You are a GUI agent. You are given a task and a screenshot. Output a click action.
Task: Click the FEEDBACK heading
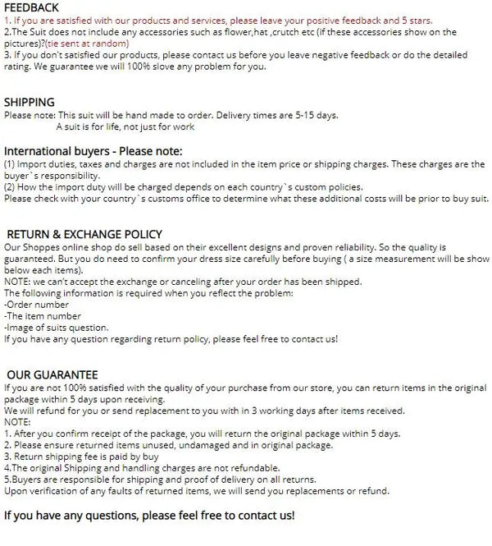[x=32, y=7]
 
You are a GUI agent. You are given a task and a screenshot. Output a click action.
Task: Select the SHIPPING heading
[x=30, y=103]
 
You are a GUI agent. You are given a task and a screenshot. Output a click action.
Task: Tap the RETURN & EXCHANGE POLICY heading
[x=84, y=234]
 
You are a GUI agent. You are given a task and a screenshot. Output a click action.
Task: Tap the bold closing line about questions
[x=148, y=516]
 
